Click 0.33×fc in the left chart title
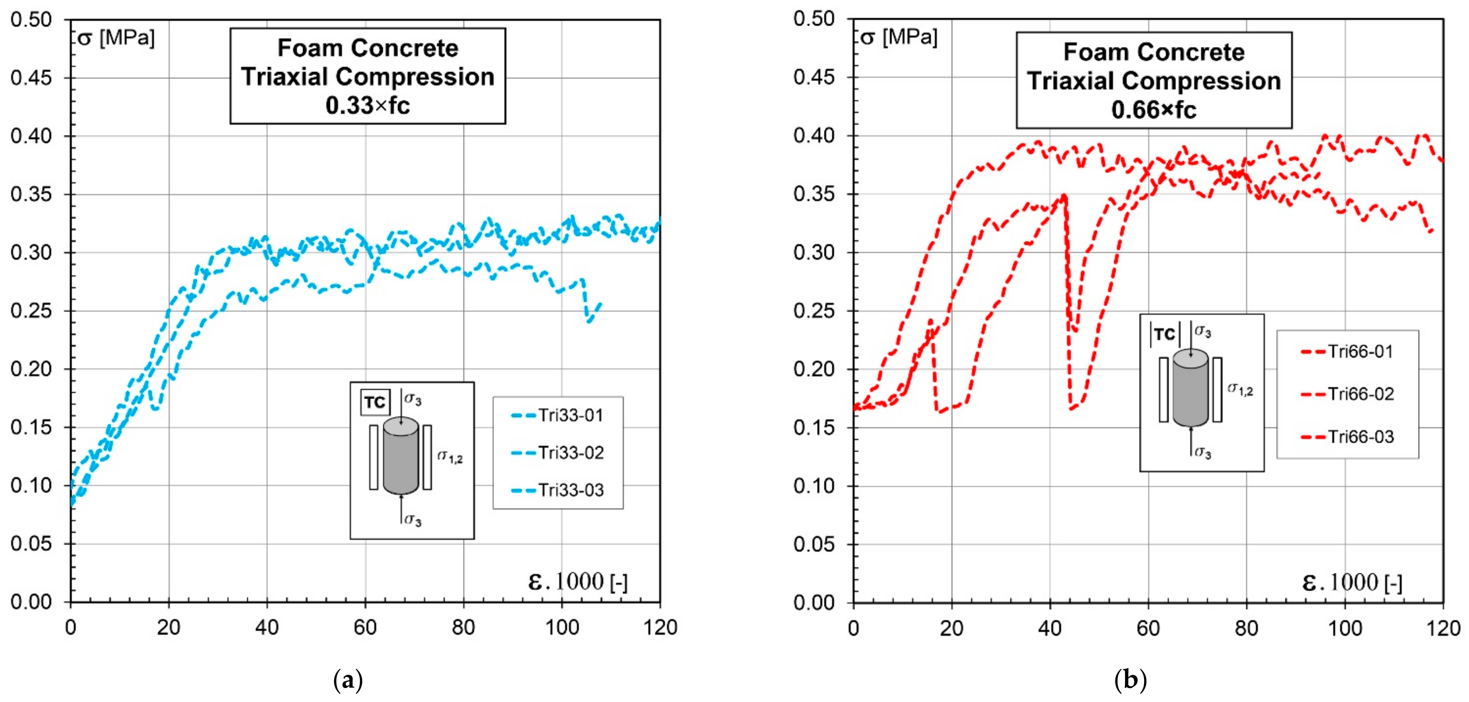tap(368, 106)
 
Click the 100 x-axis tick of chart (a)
tap(562, 628)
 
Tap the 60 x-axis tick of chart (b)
tap(1148, 628)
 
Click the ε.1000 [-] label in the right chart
tap(1352, 582)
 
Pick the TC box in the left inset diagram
tap(375, 403)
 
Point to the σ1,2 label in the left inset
tap(449, 456)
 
